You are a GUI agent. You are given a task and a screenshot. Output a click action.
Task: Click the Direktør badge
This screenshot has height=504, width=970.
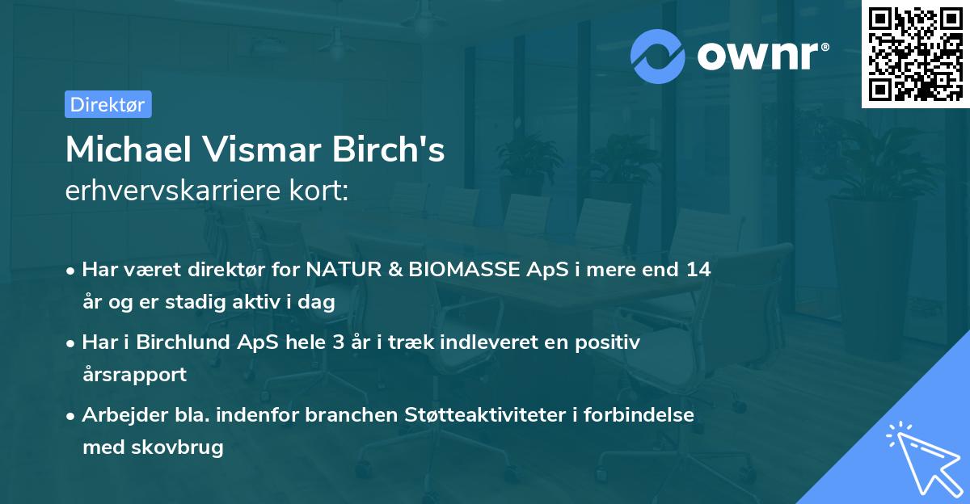pyautogui.click(x=108, y=104)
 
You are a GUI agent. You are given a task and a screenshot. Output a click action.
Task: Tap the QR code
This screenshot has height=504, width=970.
pyautogui.click(x=915, y=54)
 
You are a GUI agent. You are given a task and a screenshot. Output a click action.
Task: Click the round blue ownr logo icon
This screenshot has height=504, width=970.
pyautogui.click(x=658, y=56)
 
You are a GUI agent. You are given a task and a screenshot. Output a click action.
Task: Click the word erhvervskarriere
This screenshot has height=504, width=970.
pyautogui.click(x=164, y=191)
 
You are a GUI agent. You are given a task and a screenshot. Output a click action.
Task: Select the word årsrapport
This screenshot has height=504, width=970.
pyautogui.click(x=134, y=374)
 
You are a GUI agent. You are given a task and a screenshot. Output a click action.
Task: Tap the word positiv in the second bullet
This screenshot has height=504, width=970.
pyautogui.click(x=611, y=342)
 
